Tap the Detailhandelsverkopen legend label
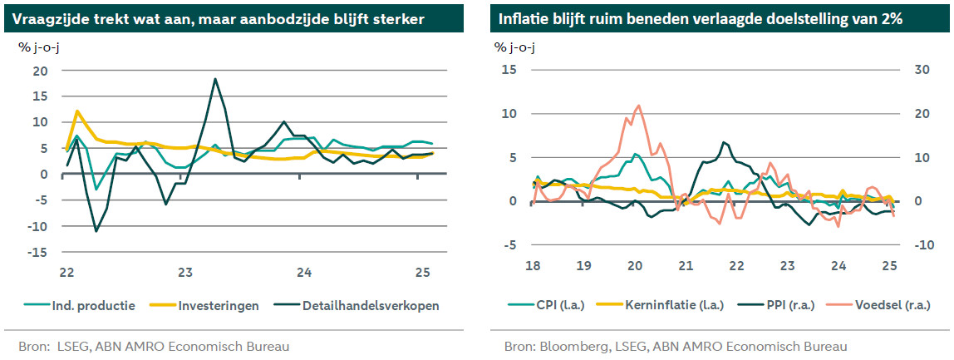[x=371, y=306]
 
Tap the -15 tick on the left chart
[x=38, y=252]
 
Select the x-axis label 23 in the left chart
[x=185, y=272]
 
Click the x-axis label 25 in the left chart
[x=421, y=272]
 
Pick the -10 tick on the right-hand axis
[x=921, y=245]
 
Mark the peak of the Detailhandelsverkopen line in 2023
[x=215, y=79]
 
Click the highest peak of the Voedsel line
[x=637, y=106]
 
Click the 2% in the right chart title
[x=890, y=19]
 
